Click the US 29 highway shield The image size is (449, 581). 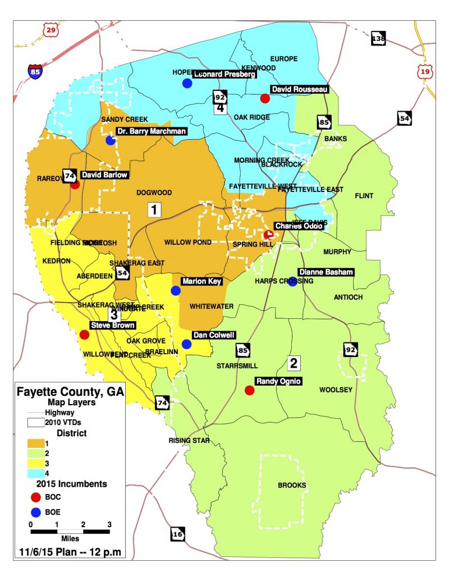tap(51, 30)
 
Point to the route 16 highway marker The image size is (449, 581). tap(178, 534)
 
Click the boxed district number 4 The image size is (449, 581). tap(221, 108)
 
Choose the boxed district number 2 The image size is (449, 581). tap(293, 363)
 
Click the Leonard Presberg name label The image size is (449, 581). tap(224, 74)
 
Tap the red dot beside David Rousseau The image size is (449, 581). tap(265, 98)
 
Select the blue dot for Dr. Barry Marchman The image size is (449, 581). tap(111, 140)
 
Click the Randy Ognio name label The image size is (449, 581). tap(279, 382)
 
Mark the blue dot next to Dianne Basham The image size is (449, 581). tap(292, 282)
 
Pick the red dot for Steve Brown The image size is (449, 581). tap(84, 335)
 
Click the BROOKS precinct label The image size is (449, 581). tap(292, 486)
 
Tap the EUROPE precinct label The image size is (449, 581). tap(283, 59)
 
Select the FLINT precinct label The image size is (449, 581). tap(364, 196)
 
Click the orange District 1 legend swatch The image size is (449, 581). tap(38, 443)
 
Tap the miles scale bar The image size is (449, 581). tap(70, 531)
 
